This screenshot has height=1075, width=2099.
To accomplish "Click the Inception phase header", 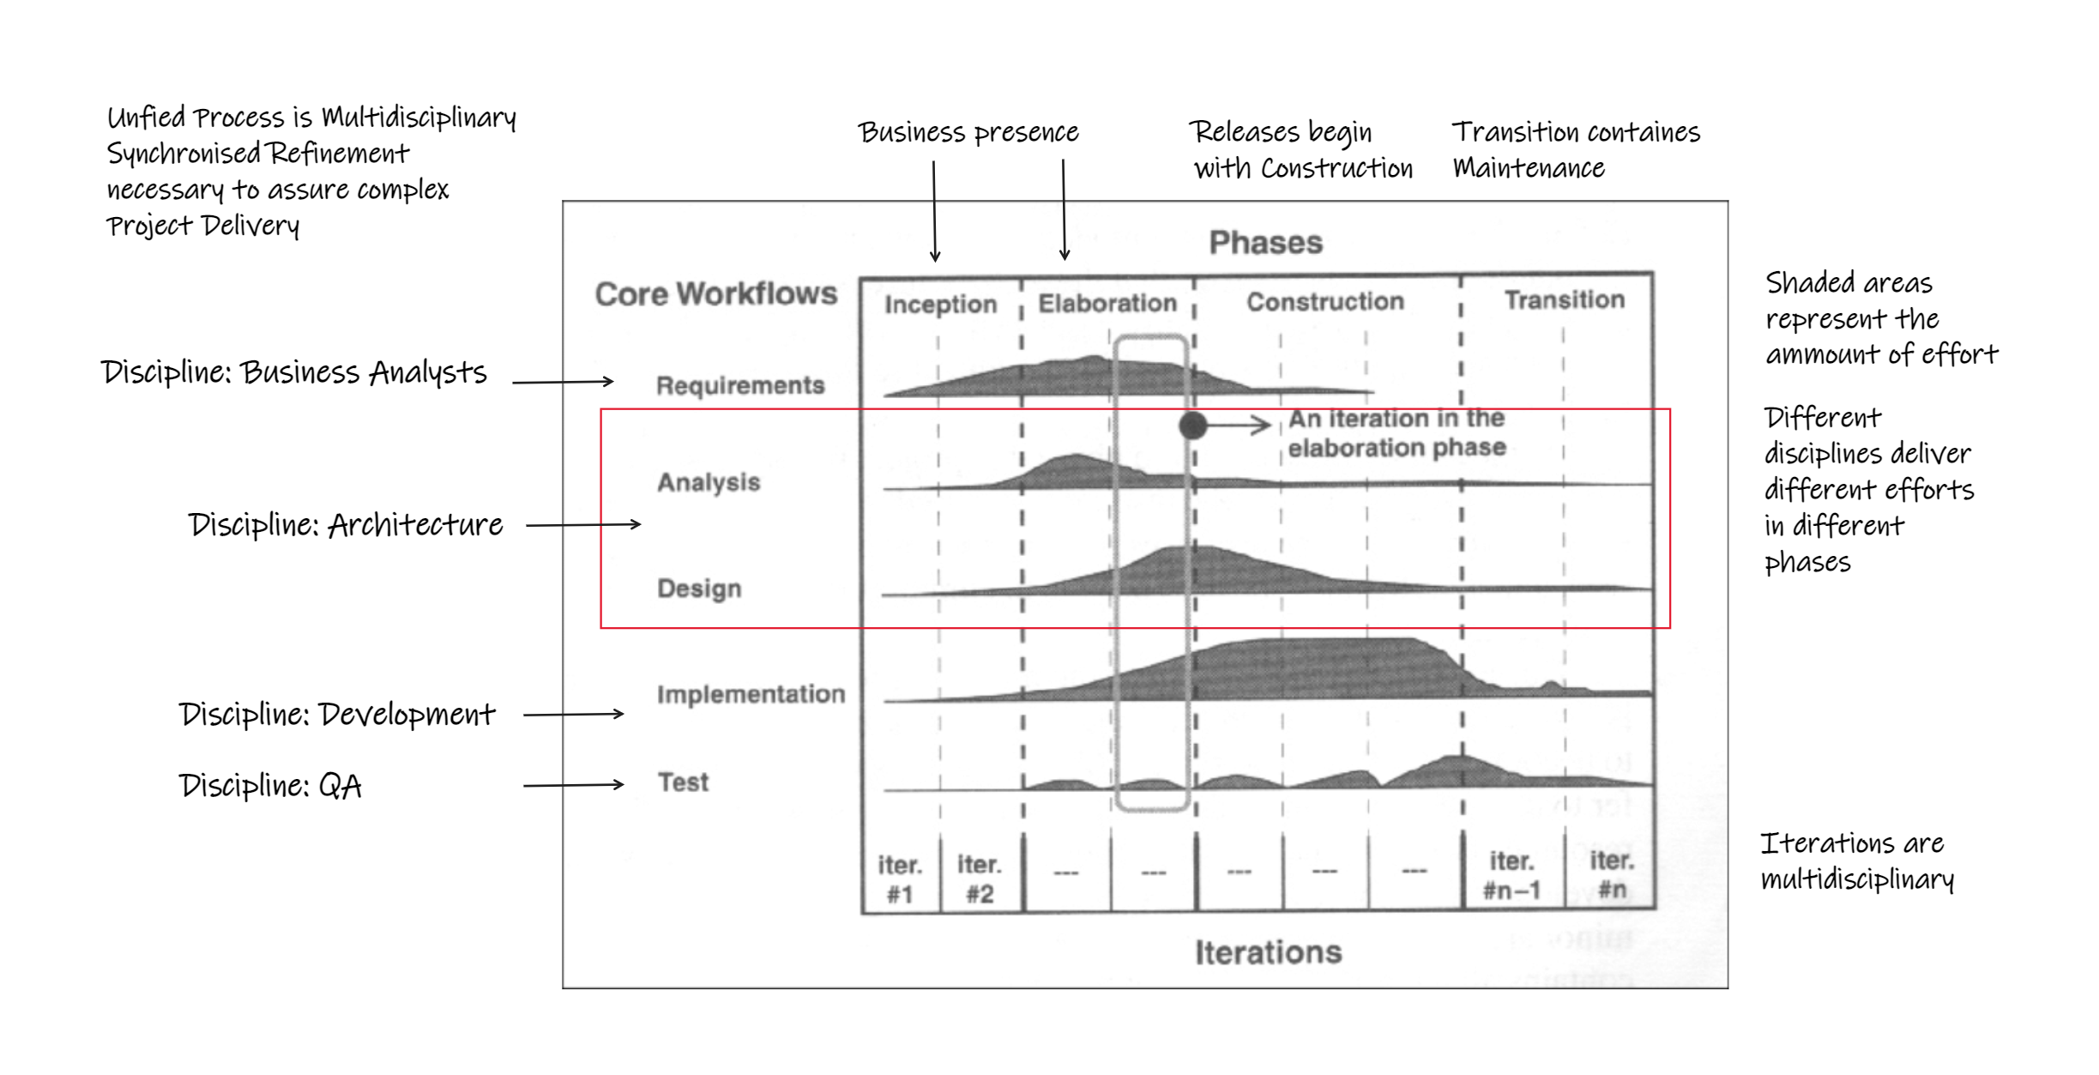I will pyautogui.click(x=940, y=305).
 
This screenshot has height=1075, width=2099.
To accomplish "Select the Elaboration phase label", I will pyautogui.click(x=1107, y=303).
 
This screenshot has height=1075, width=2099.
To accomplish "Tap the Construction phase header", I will pyautogui.click(x=1324, y=301).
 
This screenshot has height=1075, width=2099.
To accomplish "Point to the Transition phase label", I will pyautogui.click(x=1564, y=299).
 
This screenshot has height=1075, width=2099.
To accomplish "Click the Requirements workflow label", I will pyautogui.click(x=739, y=385).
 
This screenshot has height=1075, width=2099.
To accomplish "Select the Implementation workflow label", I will pyautogui.click(x=751, y=694).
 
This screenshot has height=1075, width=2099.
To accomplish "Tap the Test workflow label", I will pyautogui.click(x=683, y=782).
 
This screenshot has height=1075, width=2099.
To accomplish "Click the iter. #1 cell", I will pyautogui.click(x=900, y=879).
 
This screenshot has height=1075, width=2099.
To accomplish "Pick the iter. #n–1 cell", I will pyautogui.click(x=1511, y=875).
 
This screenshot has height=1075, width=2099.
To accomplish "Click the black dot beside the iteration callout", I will pyautogui.click(x=1192, y=425).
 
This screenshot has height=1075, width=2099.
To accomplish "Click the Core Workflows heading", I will pyautogui.click(x=715, y=294).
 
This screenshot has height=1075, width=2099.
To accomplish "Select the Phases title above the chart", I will pyautogui.click(x=1265, y=243).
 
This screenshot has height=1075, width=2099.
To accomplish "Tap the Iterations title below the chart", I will pyautogui.click(x=1268, y=952).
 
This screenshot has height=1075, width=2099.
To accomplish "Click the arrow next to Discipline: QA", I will pyautogui.click(x=573, y=785).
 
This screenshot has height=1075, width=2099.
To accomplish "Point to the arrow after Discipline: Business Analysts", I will pyautogui.click(x=563, y=382).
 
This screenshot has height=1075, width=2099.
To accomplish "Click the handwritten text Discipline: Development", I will pyautogui.click(x=336, y=715).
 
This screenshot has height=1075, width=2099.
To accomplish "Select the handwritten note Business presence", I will pyautogui.click(x=968, y=133).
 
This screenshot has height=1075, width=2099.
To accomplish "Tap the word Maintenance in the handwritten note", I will pyautogui.click(x=1528, y=168).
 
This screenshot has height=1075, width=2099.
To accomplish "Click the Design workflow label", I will pyautogui.click(x=699, y=589).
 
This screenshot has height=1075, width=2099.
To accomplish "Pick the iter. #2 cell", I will pyautogui.click(x=980, y=879).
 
